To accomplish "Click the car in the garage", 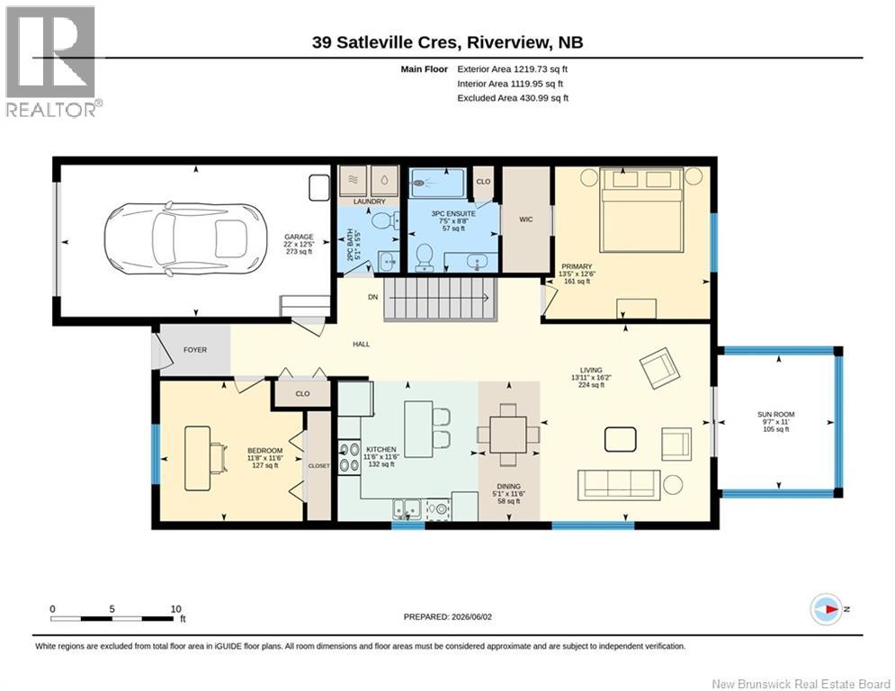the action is (185, 238).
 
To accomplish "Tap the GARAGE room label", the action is (300, 237).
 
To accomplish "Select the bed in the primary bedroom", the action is (641, 210).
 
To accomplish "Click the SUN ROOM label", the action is (775, 414).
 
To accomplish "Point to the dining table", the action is (508, 435).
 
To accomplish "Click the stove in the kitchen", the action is (349, 457).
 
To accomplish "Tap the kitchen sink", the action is (407, 508).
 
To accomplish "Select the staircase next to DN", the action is (438, 299).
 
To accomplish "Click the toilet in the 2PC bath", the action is (386, 220).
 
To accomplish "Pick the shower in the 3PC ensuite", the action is (438, 184).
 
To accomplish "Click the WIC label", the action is (525, 220).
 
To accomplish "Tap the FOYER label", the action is (195, 349).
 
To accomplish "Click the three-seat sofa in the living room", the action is (620, 485).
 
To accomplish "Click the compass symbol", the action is (827, 609).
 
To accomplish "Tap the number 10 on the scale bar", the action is (175, 609).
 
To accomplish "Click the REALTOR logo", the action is (51, 61).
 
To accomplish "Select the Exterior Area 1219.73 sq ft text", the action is (513, 69).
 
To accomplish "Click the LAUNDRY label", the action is (370, 202).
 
